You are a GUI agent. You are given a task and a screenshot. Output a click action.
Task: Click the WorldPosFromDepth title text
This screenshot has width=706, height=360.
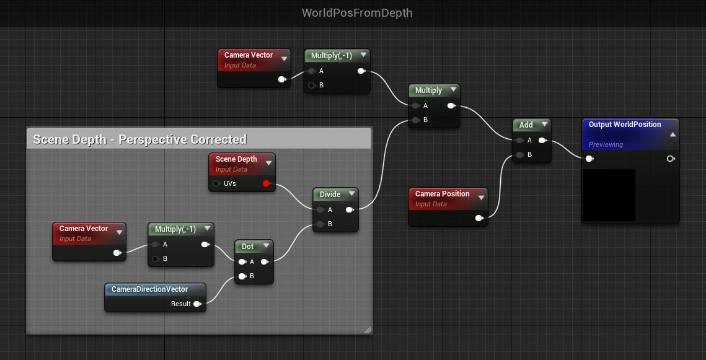click(356, 13)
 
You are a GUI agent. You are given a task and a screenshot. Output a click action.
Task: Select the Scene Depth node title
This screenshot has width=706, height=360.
click(236, 159)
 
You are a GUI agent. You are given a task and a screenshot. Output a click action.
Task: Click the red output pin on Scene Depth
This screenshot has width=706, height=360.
click(267, 183)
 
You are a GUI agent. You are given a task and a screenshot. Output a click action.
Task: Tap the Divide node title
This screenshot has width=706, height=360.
click(330, 195)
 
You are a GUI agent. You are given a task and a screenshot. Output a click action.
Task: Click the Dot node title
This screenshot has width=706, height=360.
click(247, 247)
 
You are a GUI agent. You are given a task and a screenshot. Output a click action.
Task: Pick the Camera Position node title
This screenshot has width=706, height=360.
click(442, 194)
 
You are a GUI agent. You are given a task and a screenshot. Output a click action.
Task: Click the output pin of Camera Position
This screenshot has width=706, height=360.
click(479, 218)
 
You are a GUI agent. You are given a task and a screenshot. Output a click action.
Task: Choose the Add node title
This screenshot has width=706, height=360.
click(526, 125)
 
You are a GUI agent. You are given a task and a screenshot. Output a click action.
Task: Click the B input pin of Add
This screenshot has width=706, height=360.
click(519, 155)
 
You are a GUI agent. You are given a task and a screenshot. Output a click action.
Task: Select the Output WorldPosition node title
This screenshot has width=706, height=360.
click(625, 125)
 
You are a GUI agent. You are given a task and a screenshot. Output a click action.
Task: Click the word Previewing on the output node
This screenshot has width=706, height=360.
click(606, 144)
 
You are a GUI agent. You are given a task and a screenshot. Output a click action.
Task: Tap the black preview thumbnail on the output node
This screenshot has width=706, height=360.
click(609, 195)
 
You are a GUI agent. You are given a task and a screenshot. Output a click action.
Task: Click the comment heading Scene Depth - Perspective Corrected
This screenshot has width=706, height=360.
click(139, 139)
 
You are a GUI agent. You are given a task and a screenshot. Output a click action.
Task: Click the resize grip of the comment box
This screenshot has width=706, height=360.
click(368, 330)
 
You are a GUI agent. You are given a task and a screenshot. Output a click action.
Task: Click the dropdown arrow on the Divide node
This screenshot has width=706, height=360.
click(350, 194)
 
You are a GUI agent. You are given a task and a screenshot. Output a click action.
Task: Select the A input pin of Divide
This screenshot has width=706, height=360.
click(320, 209)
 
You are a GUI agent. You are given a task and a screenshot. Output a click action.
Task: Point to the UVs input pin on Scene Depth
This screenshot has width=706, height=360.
click(216, 183)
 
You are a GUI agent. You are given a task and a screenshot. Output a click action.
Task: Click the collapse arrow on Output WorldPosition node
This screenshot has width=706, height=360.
click(673, 134)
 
